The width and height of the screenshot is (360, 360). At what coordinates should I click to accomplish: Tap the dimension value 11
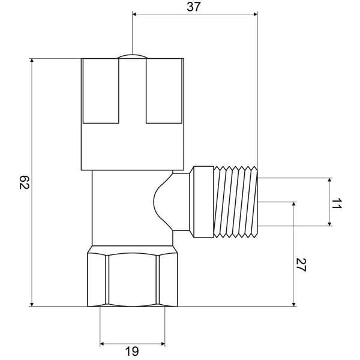click(337, 202)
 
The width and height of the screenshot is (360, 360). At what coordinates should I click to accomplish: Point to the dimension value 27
click(302, 265)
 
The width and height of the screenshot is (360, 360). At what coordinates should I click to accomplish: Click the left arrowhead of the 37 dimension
click(134, 13)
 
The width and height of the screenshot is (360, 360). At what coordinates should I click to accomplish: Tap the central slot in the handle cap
click(132, 90)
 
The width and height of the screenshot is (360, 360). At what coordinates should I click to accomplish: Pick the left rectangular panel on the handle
click(100, 90)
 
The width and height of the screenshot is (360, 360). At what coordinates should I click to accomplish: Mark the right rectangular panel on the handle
click(163, 90)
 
